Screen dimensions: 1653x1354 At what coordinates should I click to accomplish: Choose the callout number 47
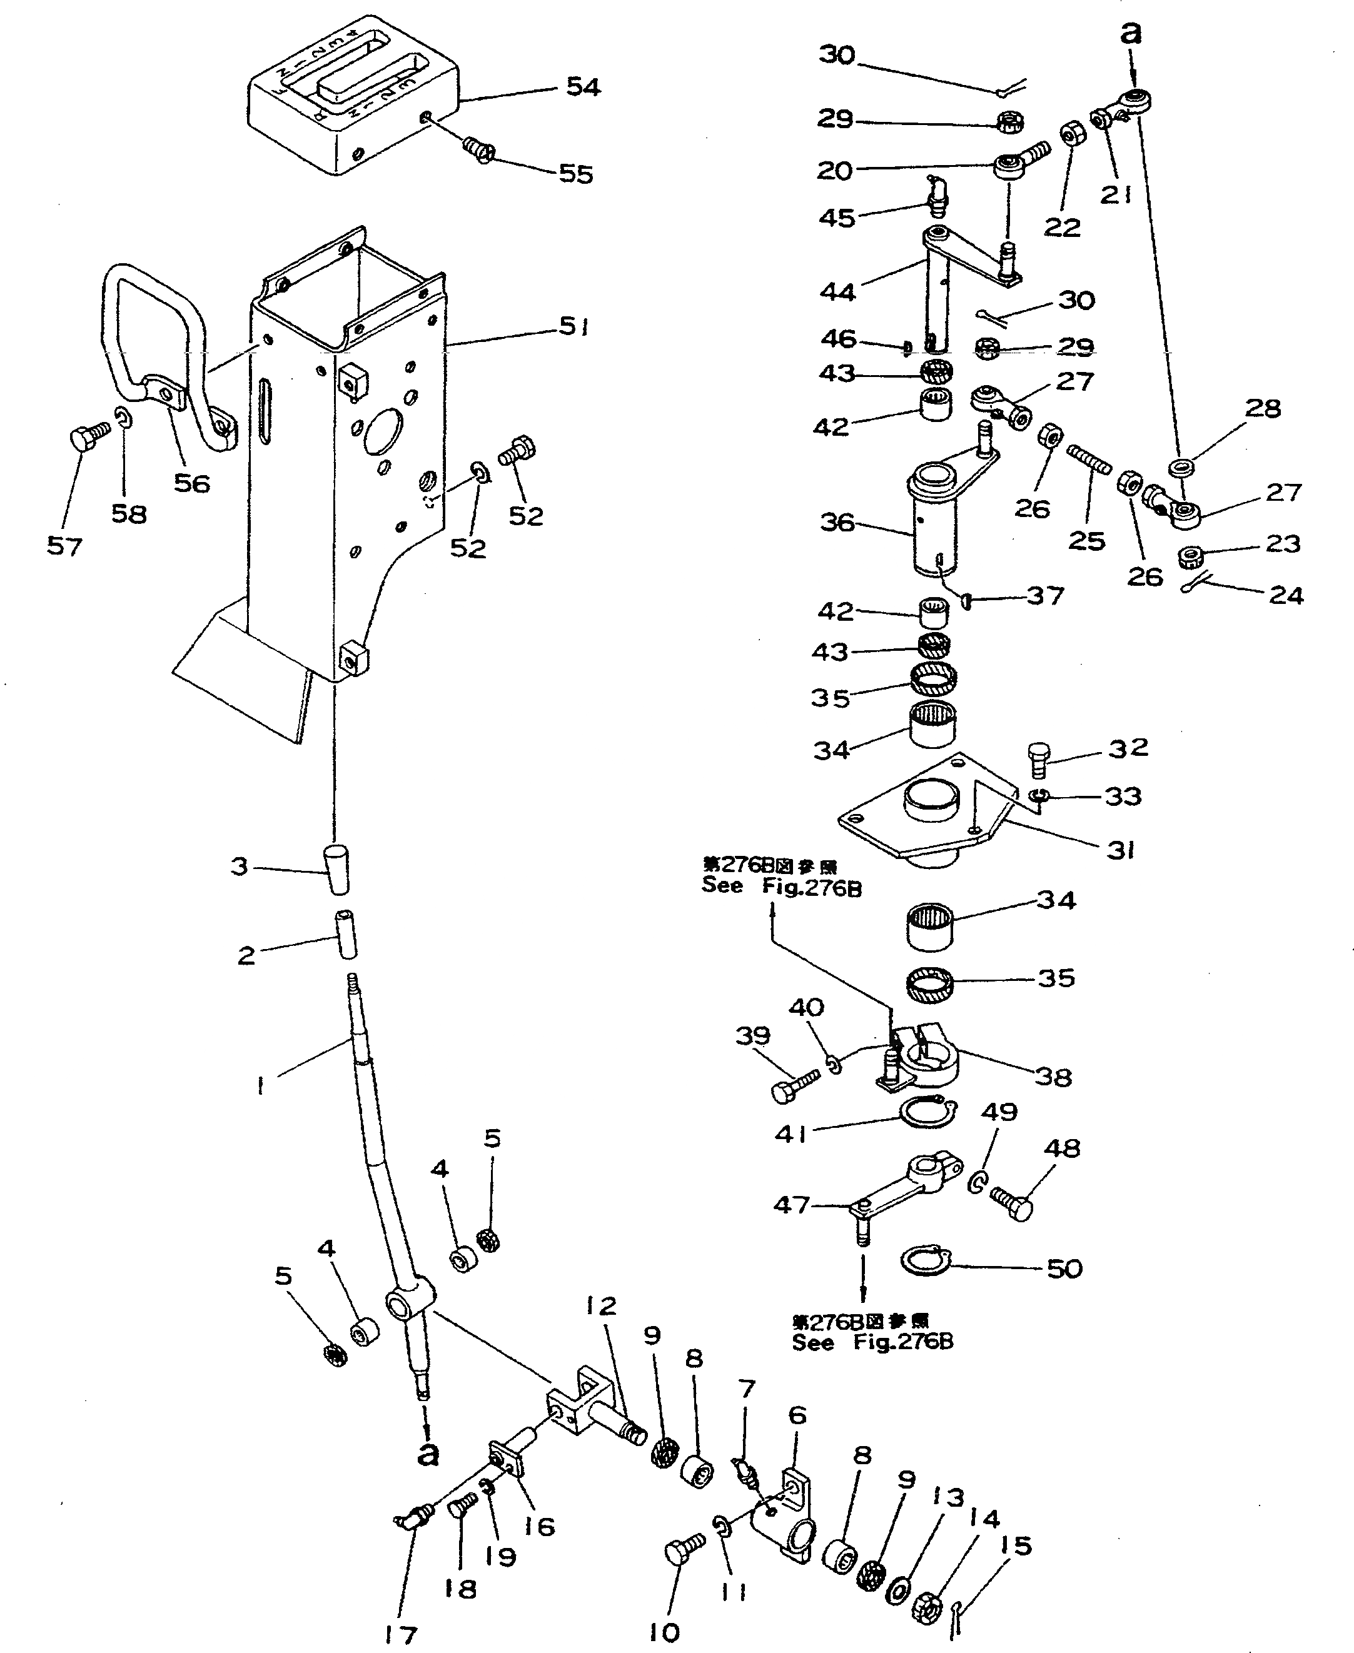click(791, 1205)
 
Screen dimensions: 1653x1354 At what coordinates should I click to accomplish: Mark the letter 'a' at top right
click(1129, 33)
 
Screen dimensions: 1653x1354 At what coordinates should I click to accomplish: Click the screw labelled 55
click(479, 148)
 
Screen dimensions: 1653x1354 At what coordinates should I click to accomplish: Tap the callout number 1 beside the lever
click(260, 1085)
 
